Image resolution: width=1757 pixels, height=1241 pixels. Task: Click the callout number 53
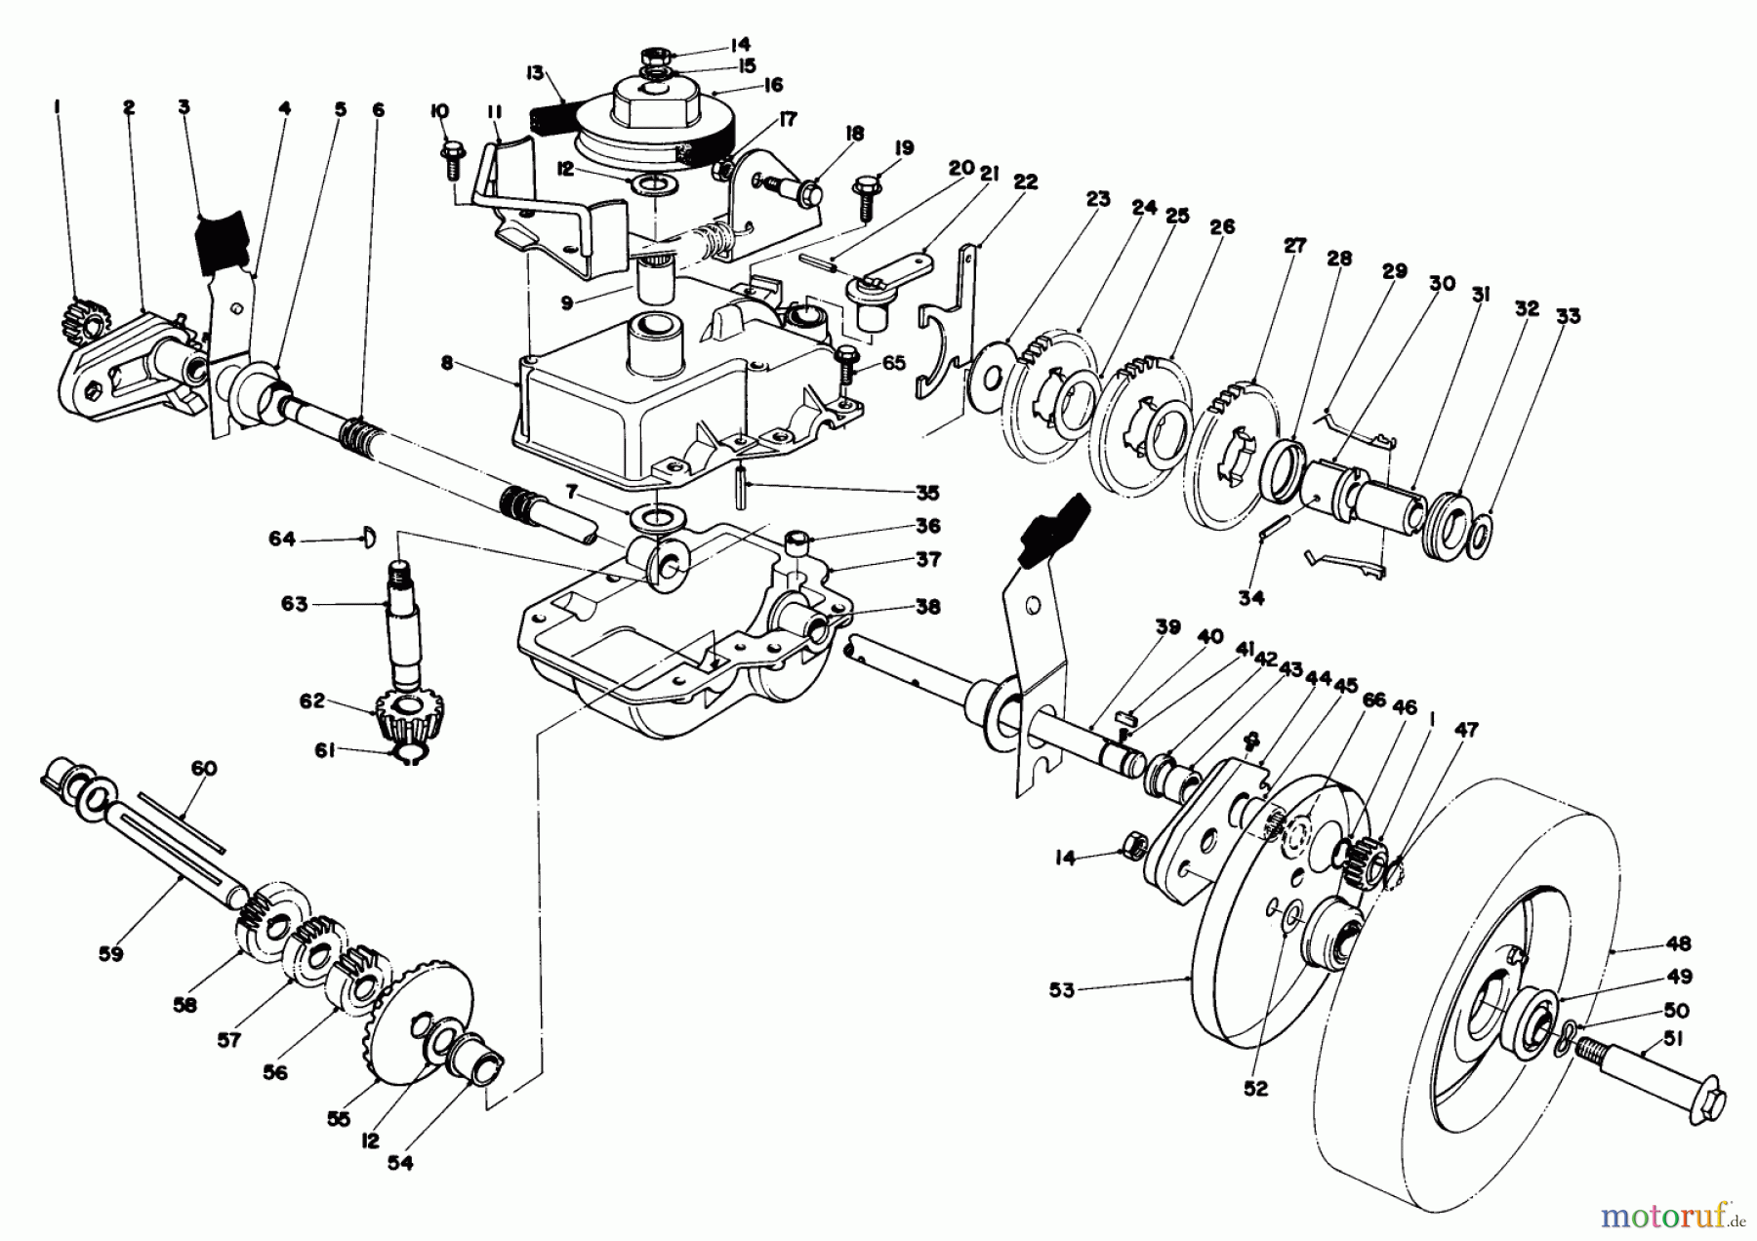click(1061, 990)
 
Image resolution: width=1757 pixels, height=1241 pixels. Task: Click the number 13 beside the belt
click(533, 72)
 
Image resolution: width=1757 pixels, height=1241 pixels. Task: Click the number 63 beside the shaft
click(294, 604)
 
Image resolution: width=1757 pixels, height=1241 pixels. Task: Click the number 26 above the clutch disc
click(1221, 226)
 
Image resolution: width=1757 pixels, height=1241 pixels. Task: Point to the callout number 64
click(281, 538)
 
